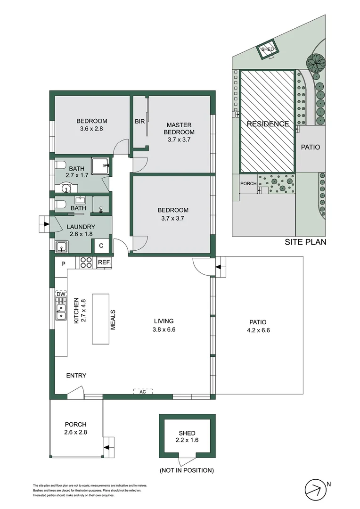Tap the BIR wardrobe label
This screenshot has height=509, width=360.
click(x=139, y=122)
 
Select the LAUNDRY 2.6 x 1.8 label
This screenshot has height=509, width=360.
click(x=81, y=230)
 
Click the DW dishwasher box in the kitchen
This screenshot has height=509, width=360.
click(x=60, y=295)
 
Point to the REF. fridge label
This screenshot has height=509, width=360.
click(x=104, y=263)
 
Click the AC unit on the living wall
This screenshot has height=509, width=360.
click(x=143, y=392)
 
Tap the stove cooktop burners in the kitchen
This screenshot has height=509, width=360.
click(x=86, y=263)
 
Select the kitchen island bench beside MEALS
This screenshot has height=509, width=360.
click(x=100, y=319)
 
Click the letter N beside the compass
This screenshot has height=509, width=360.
click(x=329, y=484)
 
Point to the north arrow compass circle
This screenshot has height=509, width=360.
click(x=316, y=491)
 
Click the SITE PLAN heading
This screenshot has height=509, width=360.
click(x=305, y=243)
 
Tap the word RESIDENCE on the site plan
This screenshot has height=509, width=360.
click(x=268, y=124)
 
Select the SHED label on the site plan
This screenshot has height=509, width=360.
click(x=268, y=49)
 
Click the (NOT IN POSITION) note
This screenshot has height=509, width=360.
click(x=187, y=470)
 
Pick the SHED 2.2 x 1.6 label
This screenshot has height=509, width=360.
click(x=187, y=437)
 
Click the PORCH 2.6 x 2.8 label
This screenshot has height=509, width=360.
click(x=76, y=428)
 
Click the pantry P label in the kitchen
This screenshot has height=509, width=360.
click(x=63, y=264)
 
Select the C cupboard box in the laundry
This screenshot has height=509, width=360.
click(x=100, y=246)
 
